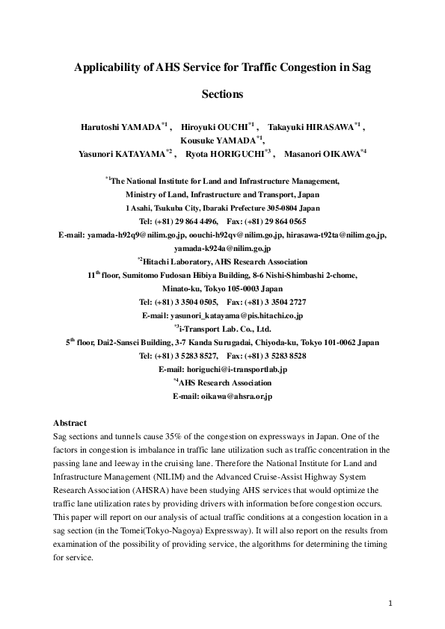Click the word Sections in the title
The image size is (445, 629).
tap(222, 95)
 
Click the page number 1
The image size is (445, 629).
tap(391, 601)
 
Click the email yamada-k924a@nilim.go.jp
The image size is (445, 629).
tap(222, 248)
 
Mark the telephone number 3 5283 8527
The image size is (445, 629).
tap(192, 356)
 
